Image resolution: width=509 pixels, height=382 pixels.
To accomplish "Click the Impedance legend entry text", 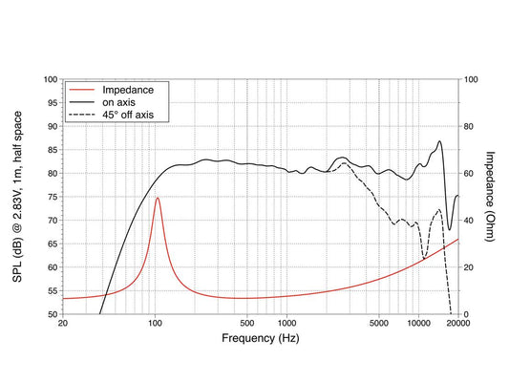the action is (x=128, y=90).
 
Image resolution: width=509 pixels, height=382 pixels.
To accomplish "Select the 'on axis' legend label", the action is (x=118, y=102).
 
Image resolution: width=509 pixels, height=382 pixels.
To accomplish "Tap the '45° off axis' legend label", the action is (x=128, y=115).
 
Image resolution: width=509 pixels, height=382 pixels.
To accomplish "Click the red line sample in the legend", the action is (x=81, y=90).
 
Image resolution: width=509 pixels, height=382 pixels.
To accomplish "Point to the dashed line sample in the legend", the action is (x=81, y=115).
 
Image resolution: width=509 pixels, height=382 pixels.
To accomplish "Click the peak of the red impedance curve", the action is (x=158, y=198).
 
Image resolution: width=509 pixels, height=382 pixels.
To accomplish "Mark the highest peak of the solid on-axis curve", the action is (x=439, y=140).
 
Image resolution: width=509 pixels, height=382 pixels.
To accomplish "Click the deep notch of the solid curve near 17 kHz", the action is (x=450, y=230).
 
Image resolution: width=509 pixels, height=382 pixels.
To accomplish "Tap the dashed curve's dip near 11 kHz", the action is (x=424, y=259).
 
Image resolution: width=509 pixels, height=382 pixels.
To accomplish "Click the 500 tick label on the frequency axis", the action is (x=247, y=324).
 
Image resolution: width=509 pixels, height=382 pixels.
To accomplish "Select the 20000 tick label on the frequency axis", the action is (x=458, y=324).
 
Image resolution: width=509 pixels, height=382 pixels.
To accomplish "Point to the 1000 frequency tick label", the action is (x=286, y=324).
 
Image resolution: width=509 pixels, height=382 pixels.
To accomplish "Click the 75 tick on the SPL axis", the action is (x=53, y=197).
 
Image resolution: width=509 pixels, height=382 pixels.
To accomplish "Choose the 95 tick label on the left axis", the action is (x=53, y=103).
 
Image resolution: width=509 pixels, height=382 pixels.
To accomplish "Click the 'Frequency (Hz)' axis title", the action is (x=261, y=338).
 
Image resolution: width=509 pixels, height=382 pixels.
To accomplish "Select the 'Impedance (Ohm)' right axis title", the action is (x=490, y=197).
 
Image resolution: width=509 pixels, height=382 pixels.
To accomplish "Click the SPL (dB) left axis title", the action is (x=17, y=197).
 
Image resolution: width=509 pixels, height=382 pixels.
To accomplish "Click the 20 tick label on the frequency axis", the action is (x=63, y=324).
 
